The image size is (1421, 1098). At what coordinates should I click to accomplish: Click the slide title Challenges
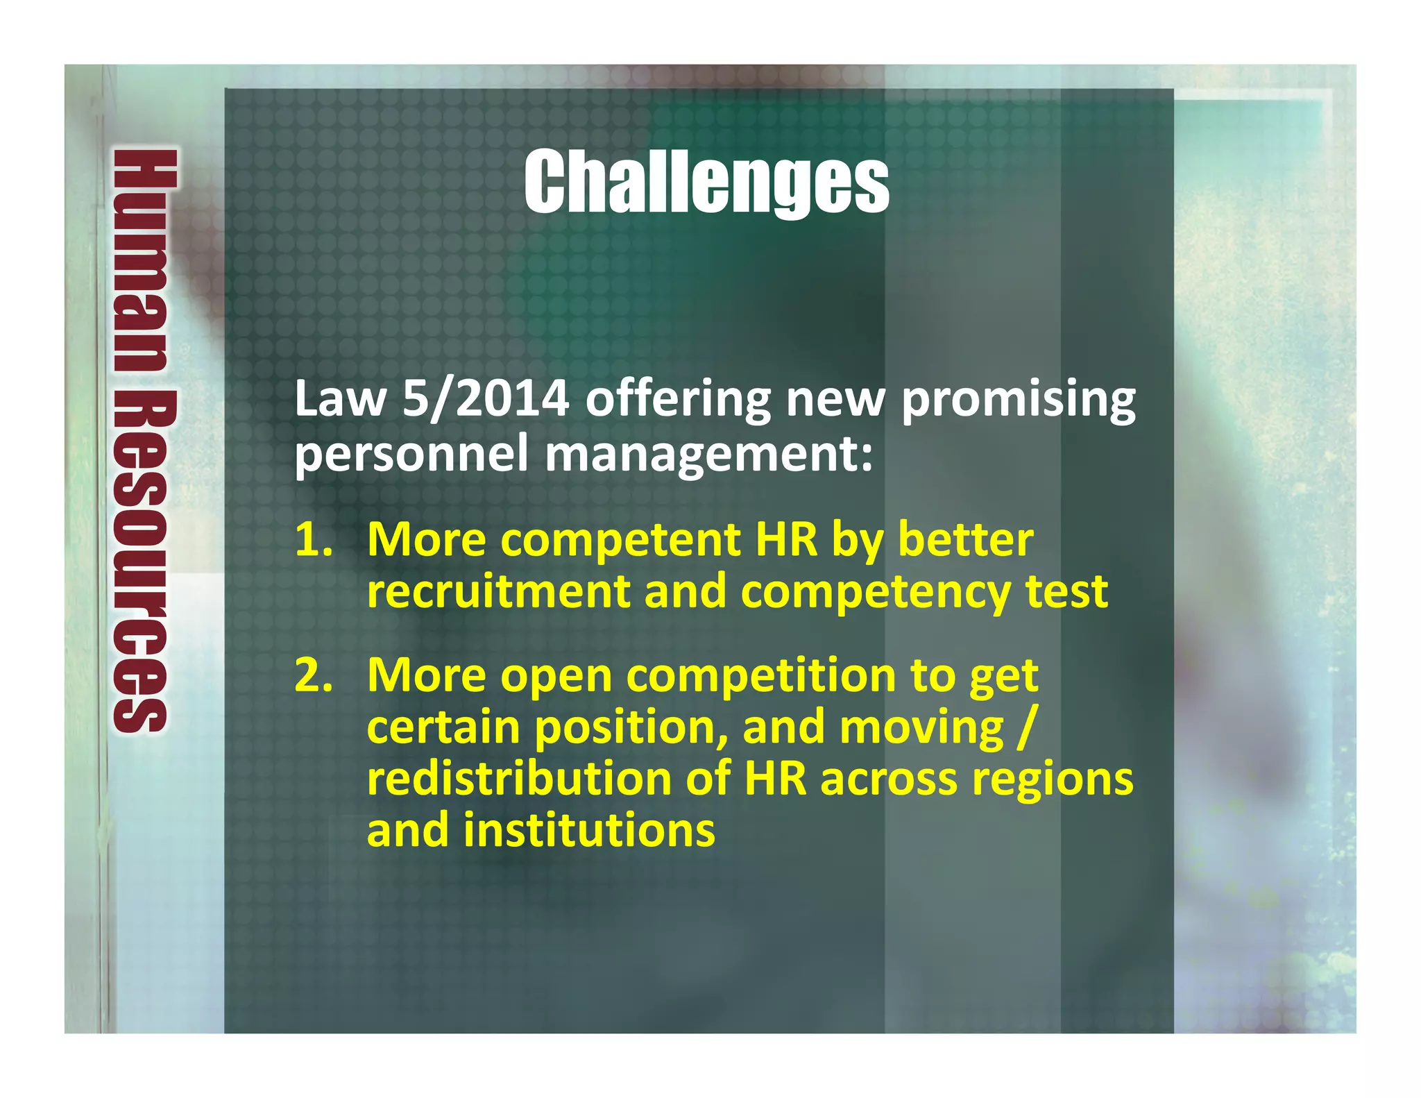[x=706, y=183]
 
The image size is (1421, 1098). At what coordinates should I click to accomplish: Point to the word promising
[x=1018, y=401]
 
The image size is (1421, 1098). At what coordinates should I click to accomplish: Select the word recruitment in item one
[x=497, y=591]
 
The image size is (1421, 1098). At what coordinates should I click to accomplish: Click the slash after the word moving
[x=1026, y=727]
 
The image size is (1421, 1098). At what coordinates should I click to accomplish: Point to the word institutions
[x=589, y=830]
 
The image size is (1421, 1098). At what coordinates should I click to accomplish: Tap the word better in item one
[x=965, y=540]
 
